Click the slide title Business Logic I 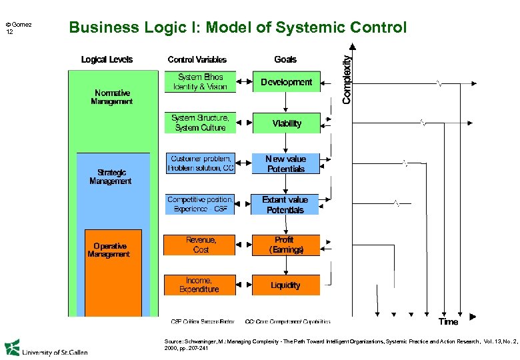(237, 28)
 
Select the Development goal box (286, 82)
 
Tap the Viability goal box (286, 123)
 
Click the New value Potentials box (286, 164)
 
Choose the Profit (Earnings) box (286, 245)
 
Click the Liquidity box (286, 285)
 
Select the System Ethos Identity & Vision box (200, 82)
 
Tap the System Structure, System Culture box (200, 123)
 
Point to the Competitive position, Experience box (200, 205)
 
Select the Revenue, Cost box (200, 245)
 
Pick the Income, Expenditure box (200, 285)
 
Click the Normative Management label (112, 97)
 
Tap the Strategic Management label (110, 177)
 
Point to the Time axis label (448, 322)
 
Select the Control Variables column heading (197, 59)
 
